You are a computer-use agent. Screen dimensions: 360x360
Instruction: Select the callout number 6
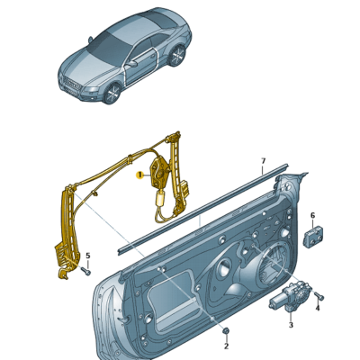pos(312,216)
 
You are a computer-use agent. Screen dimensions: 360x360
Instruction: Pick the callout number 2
pos(226,346)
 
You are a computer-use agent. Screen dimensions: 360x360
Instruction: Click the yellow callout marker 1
pos(139,176)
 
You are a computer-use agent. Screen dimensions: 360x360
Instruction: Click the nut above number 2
pos(226,333)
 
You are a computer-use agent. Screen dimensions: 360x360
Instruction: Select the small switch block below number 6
pos(315,238)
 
